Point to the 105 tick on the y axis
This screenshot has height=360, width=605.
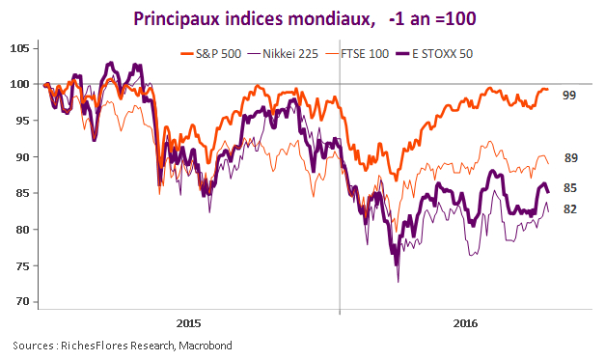pyautogui.click(x=21, y=48)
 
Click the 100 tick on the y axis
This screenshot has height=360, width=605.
pyautogui.click(x=21, y=84)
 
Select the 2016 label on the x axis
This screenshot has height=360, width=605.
pyautogui.click(x=467, y=322)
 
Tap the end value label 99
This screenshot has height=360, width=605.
pyautogui.click(x=569, y=96)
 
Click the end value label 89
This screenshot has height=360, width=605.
pyautogui.click(x=569, y=157)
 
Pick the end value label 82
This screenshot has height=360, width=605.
pyautogui.click(x=569, y=208)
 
